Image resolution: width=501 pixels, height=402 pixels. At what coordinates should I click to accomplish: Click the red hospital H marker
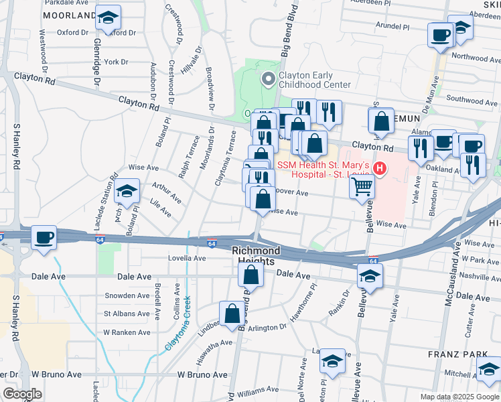380,168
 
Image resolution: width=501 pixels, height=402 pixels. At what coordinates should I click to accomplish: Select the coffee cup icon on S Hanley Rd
44,238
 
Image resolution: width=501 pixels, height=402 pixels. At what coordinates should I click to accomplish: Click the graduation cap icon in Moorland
106,19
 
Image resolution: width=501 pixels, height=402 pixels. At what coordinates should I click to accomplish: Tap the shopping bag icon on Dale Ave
250,274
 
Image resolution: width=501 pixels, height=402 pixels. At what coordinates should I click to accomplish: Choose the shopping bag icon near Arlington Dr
232,313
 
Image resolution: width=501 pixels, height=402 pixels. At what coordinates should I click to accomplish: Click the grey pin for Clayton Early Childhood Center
269,80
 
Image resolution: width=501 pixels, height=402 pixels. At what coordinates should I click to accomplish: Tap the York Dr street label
115,62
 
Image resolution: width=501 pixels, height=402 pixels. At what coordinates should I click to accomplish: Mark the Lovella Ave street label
186,258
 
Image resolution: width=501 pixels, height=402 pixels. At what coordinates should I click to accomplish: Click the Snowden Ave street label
127,295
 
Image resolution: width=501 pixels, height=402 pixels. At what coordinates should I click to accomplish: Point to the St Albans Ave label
126,313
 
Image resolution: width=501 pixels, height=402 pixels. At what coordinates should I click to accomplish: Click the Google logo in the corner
22,394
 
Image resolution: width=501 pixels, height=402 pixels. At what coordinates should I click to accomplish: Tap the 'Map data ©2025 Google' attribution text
459,397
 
